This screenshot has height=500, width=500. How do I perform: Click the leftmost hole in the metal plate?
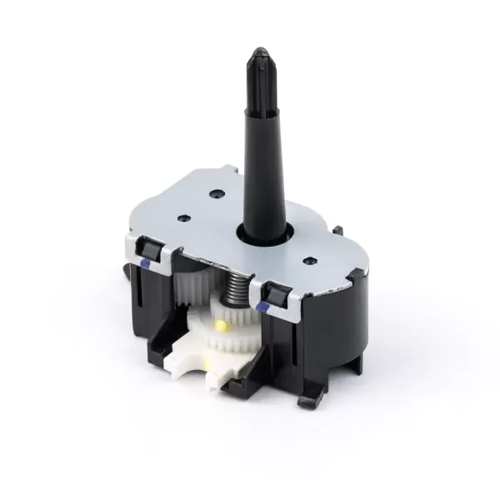pos(181,218)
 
